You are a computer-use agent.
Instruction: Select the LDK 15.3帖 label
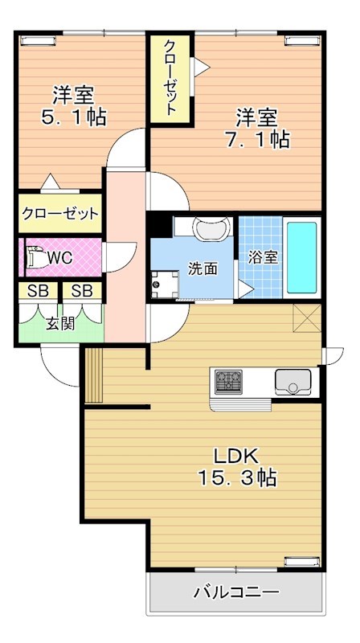click(237, 466)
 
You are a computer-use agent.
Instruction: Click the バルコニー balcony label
click(236, 593)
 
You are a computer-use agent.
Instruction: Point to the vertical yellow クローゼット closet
click(171, 78)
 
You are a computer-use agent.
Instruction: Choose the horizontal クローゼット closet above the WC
click(60, 214)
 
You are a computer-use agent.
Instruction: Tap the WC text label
click(60, 259)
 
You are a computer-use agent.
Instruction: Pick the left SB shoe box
click(38, 291)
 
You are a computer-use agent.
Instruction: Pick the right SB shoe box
click(83, 291)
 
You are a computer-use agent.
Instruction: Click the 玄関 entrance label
click(59, 324)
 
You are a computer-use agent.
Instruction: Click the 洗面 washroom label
click(202, 268)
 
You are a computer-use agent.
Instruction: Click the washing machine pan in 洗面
click(166, 284)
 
